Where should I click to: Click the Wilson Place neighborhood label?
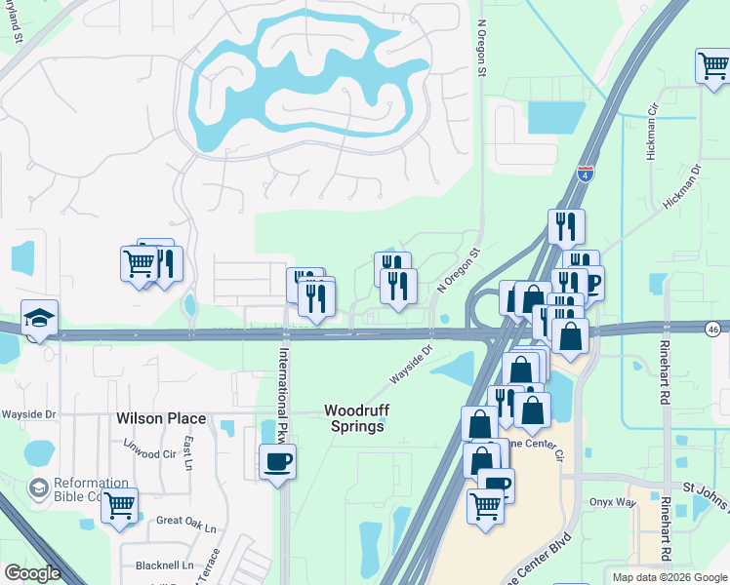161,418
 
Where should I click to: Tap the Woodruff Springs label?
354,418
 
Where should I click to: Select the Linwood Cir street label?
149,453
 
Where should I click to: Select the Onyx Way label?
611,503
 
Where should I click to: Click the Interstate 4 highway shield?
585,174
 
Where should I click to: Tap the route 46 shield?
715,329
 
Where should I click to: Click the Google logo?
32,573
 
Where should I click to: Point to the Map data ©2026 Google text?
669,577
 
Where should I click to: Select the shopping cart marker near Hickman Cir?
713,66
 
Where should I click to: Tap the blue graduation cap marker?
39,318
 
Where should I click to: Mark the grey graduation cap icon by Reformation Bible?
40,487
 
